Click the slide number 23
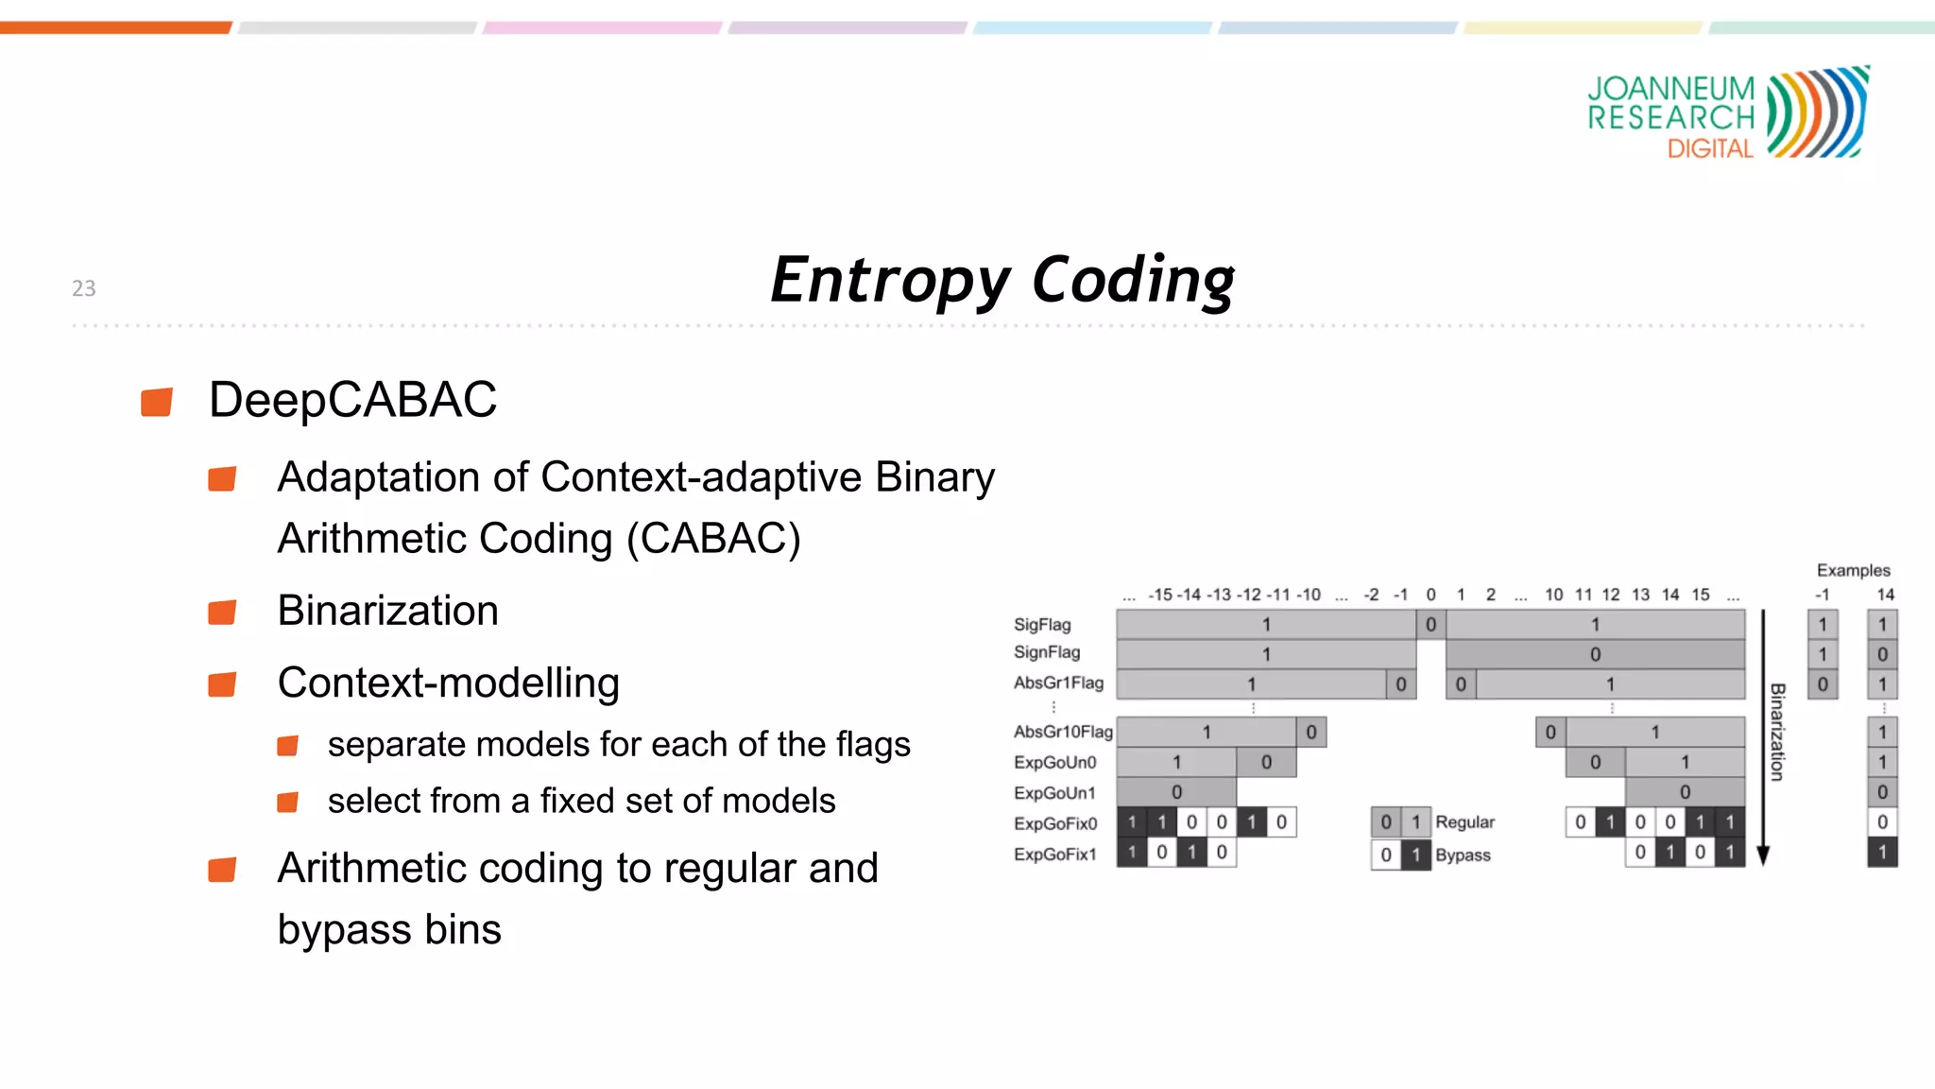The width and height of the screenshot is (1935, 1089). (x=83, y=288)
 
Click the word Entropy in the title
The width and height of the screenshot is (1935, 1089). (x=890, y=281)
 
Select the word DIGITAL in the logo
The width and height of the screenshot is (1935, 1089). (x=1710, y=149)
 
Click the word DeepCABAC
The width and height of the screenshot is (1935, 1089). (x=352, y=400)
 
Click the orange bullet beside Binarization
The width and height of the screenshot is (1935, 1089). (x=222, y=613)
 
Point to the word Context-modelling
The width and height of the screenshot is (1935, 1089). (x=448, y=683)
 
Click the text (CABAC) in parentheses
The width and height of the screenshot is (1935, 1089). (x=713, y=539)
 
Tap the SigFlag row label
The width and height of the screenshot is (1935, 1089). (x=1042, y=625)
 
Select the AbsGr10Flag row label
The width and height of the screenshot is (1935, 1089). (x=1062, y=732)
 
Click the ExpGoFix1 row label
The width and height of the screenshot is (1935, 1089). (x=1054, y=855)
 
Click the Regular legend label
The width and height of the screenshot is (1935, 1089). (x=1464, y=822)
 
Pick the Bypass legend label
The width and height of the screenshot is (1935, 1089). (x=1463, y=856)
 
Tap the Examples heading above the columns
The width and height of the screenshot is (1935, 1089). (x=1853, y=571)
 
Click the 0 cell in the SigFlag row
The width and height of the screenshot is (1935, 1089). (x=1430, y=624)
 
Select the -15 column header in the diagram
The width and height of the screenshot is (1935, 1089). (x=1160, y=595)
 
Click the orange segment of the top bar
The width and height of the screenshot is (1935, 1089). (x=115, y=27)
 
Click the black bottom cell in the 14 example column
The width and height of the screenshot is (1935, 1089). (x=1882, y=853)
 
